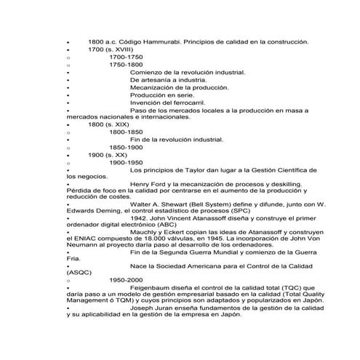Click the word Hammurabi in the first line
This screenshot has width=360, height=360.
[x=159, y=42]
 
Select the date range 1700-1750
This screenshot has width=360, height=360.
[x=126, y=57]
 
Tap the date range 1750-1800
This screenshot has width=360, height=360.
[x=126, y=64]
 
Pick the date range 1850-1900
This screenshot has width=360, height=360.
[x=126, y=147]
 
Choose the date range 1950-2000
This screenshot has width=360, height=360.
[x=126, y=279]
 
